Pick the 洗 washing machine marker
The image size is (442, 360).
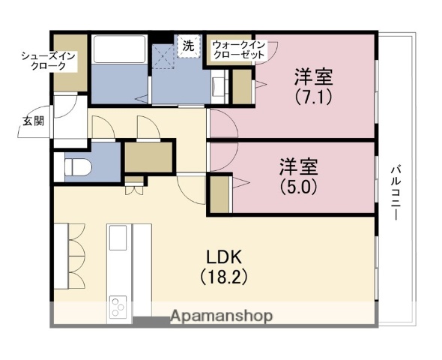tap(188, 45)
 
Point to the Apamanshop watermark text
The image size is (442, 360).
tap(221, 316)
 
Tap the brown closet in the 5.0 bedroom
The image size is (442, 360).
tap(220, 194)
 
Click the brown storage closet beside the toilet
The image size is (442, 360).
tap(148, 157)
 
